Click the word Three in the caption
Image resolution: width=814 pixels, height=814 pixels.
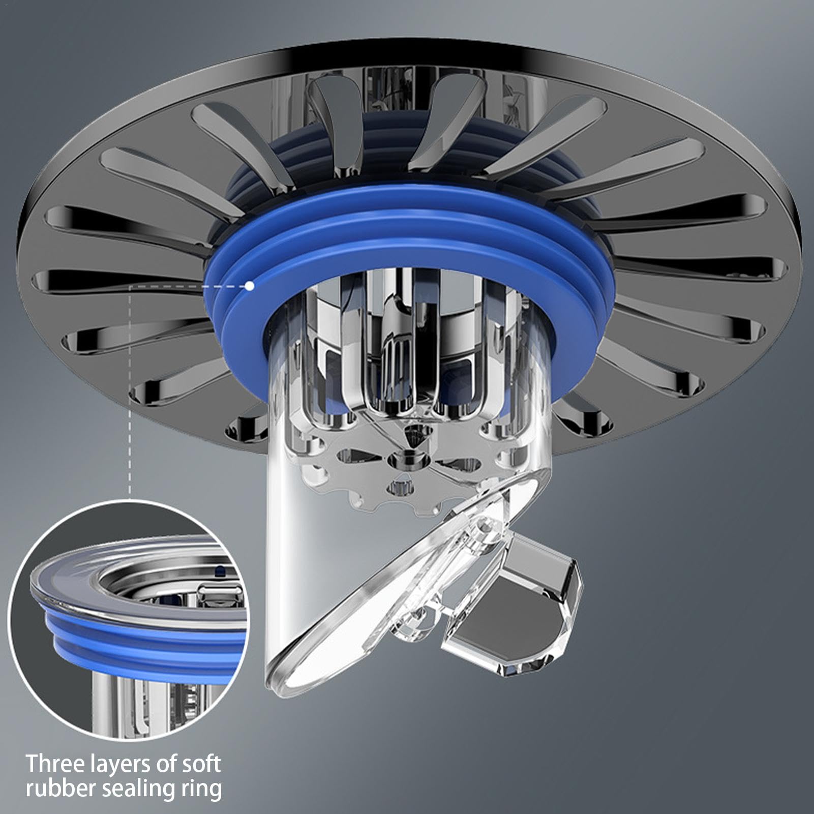tap(54, 764)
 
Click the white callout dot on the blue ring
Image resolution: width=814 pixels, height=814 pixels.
tap(249, 286)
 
